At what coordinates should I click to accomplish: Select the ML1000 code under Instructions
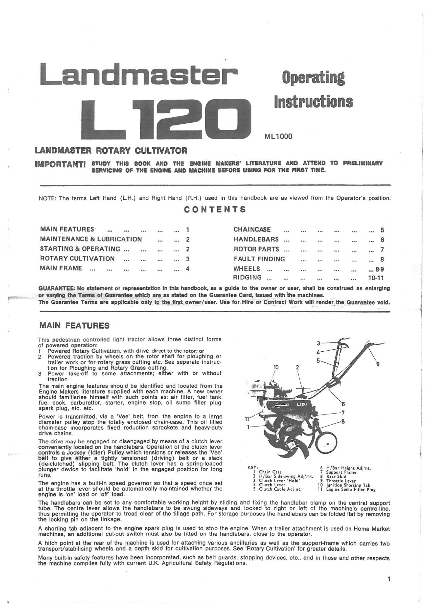(278, 137)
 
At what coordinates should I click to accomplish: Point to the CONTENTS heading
(215, 210)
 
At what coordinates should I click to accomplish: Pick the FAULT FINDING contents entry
(259, 259)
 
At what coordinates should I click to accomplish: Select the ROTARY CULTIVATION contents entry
(77, 259)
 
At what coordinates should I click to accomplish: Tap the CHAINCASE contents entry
(252, 229)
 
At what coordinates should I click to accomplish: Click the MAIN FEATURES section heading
(75, 325)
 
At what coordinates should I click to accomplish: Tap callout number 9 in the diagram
(378, 365)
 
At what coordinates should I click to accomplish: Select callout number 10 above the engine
(276, 367)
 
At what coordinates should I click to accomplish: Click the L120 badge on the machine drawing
(301, 405)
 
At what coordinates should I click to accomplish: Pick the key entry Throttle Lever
(341, 481)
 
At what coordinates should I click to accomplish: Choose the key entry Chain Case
(270, 472)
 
